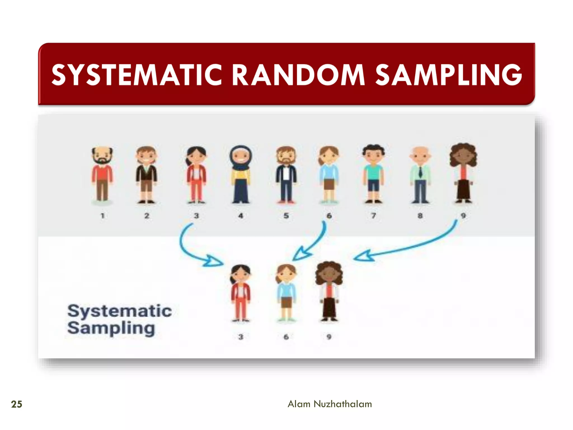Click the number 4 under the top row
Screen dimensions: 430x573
(x=241, y=216)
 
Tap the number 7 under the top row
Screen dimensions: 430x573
(x=374, y=216)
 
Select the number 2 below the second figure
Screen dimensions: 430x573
(x=147, y=216)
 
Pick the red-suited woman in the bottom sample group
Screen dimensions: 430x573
(x=241, y=293)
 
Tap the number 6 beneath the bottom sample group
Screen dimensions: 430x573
(x=286, y=337)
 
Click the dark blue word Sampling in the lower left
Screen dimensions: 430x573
(x=111, y=328)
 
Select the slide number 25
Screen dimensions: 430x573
(x=17, y=404)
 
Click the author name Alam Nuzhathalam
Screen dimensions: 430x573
(x=330, y=404)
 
